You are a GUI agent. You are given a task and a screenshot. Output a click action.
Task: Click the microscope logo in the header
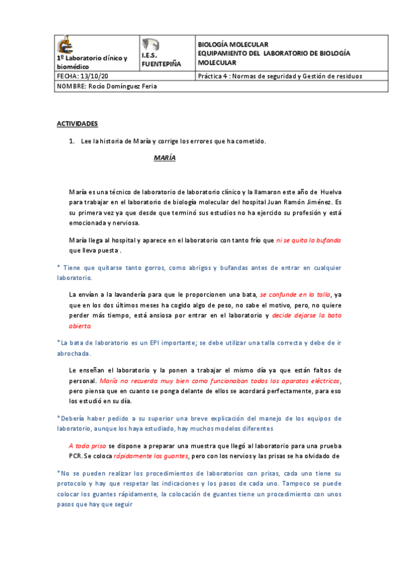click(65, 45)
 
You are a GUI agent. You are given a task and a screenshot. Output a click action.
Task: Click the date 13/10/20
click(94, 76)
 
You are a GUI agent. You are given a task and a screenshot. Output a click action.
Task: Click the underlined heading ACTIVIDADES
click(77, 124)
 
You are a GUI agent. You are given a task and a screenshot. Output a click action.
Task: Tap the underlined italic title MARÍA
click(164, 158)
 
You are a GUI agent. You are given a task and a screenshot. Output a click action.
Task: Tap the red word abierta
click(80, 326)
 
